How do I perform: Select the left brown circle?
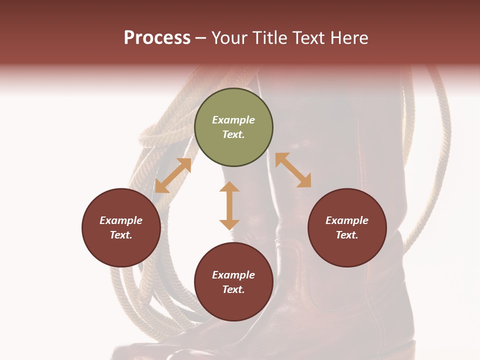click(x=121, y=227)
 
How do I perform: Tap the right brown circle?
click(x=347, y=227)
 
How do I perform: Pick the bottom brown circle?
click(x=233, y=282)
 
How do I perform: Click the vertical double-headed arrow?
click(x=229, y=205)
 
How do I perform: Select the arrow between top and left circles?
click(x=173, y=175)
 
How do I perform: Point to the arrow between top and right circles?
click(x=293, y=170)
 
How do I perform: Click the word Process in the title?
click(x=157, y=38)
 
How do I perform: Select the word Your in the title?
click(x=229, y=38)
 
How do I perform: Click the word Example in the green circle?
click(x=233, y=120)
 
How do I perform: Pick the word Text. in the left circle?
click(x=121, y=235)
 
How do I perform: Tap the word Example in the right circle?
click(x=347, y=220)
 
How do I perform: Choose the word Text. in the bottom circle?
click(x=233, y=289)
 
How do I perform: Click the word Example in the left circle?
click(x=121, y=220)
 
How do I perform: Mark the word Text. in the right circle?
click(x=347, y=235)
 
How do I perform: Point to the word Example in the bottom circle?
click(x=233, y=275)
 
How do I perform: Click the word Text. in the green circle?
click(x=233, y=134)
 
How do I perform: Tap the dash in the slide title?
click(x=201, y=38)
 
